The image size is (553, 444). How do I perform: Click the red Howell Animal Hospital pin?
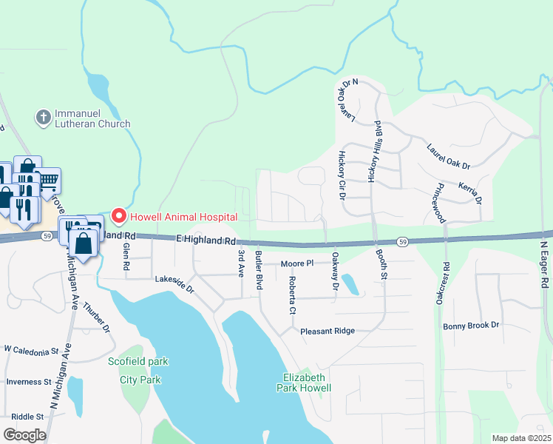coord(118,216)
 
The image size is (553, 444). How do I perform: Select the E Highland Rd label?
coord(206,240)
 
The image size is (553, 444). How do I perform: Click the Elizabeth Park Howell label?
coord(303,382)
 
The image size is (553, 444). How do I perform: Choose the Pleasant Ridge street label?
coord(328,332)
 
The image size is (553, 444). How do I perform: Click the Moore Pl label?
coord(297,263)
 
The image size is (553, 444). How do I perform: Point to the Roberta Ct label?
coord(292,295)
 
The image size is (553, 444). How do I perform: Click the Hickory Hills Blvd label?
coord(375,151)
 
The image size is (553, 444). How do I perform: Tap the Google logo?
coord(25,435)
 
